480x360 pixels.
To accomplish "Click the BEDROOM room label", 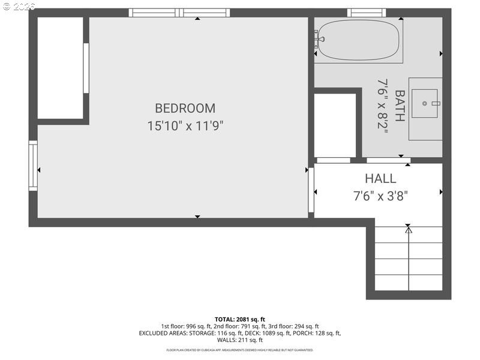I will point(185,109).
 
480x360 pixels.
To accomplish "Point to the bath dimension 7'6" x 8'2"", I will point(383,104).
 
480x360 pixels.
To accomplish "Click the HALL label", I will point(380,179).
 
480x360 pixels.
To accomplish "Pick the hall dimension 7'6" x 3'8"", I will point(380,196).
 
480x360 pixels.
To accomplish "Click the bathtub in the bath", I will point(358,40).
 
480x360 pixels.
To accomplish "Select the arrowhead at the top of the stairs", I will point(409,229).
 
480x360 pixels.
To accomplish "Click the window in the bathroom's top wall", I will point(366,13).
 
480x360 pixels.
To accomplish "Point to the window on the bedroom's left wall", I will point(33,166).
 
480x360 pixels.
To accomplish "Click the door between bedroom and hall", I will point(311,190).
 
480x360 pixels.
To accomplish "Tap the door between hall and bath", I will point(388,160).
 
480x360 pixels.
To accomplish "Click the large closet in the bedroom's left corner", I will point(61,68).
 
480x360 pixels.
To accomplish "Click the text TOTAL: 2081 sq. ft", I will point(240,319).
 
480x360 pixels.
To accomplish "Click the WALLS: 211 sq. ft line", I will point(240,340).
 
